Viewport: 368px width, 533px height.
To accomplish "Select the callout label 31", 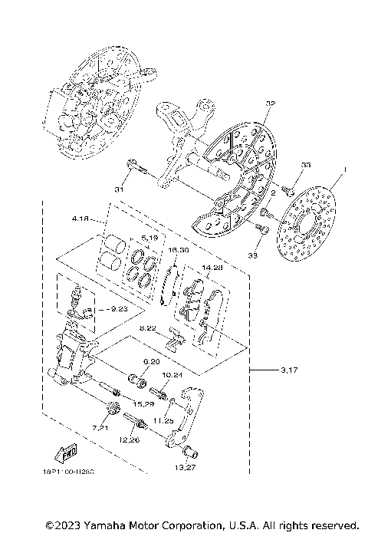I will click(119, 189).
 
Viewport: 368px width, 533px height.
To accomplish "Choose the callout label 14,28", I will click(211, 268).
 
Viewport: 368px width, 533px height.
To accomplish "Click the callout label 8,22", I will click(149, 328).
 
